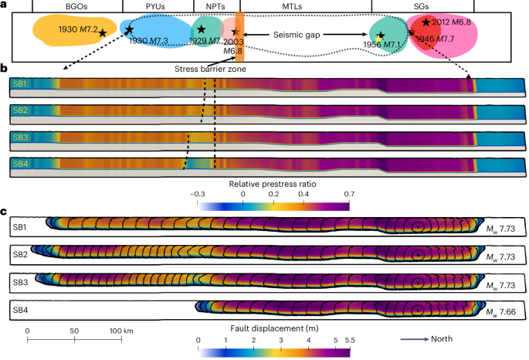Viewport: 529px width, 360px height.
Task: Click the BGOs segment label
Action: pos(77,6)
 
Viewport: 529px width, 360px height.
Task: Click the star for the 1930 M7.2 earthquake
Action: pos(103,33)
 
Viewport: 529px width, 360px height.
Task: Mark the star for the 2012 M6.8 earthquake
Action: pos(426,22)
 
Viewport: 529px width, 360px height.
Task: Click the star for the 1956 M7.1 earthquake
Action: pos(379,35)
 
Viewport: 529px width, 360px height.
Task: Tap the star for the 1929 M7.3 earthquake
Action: pos(201,29)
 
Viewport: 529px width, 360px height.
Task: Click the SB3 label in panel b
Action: pos(20,137)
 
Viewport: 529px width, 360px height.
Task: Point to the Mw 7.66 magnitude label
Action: pos(503,311)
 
